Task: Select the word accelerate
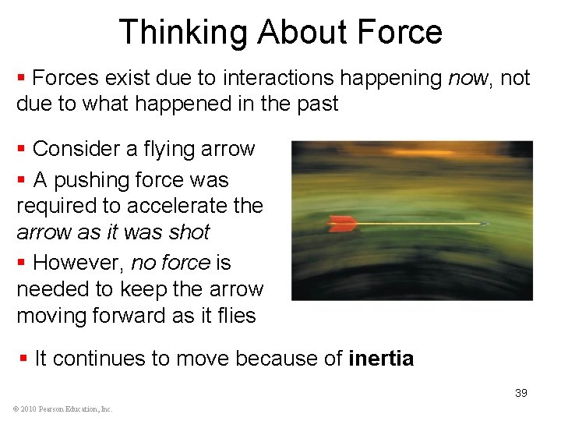[x=181, y=207]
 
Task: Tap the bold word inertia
[x=381, y=359]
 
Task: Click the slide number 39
[x=520, y=393]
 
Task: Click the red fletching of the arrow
[x=344, y=224]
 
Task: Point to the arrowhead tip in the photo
[x=485, y=225]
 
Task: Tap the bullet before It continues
[x=23, y=359]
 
